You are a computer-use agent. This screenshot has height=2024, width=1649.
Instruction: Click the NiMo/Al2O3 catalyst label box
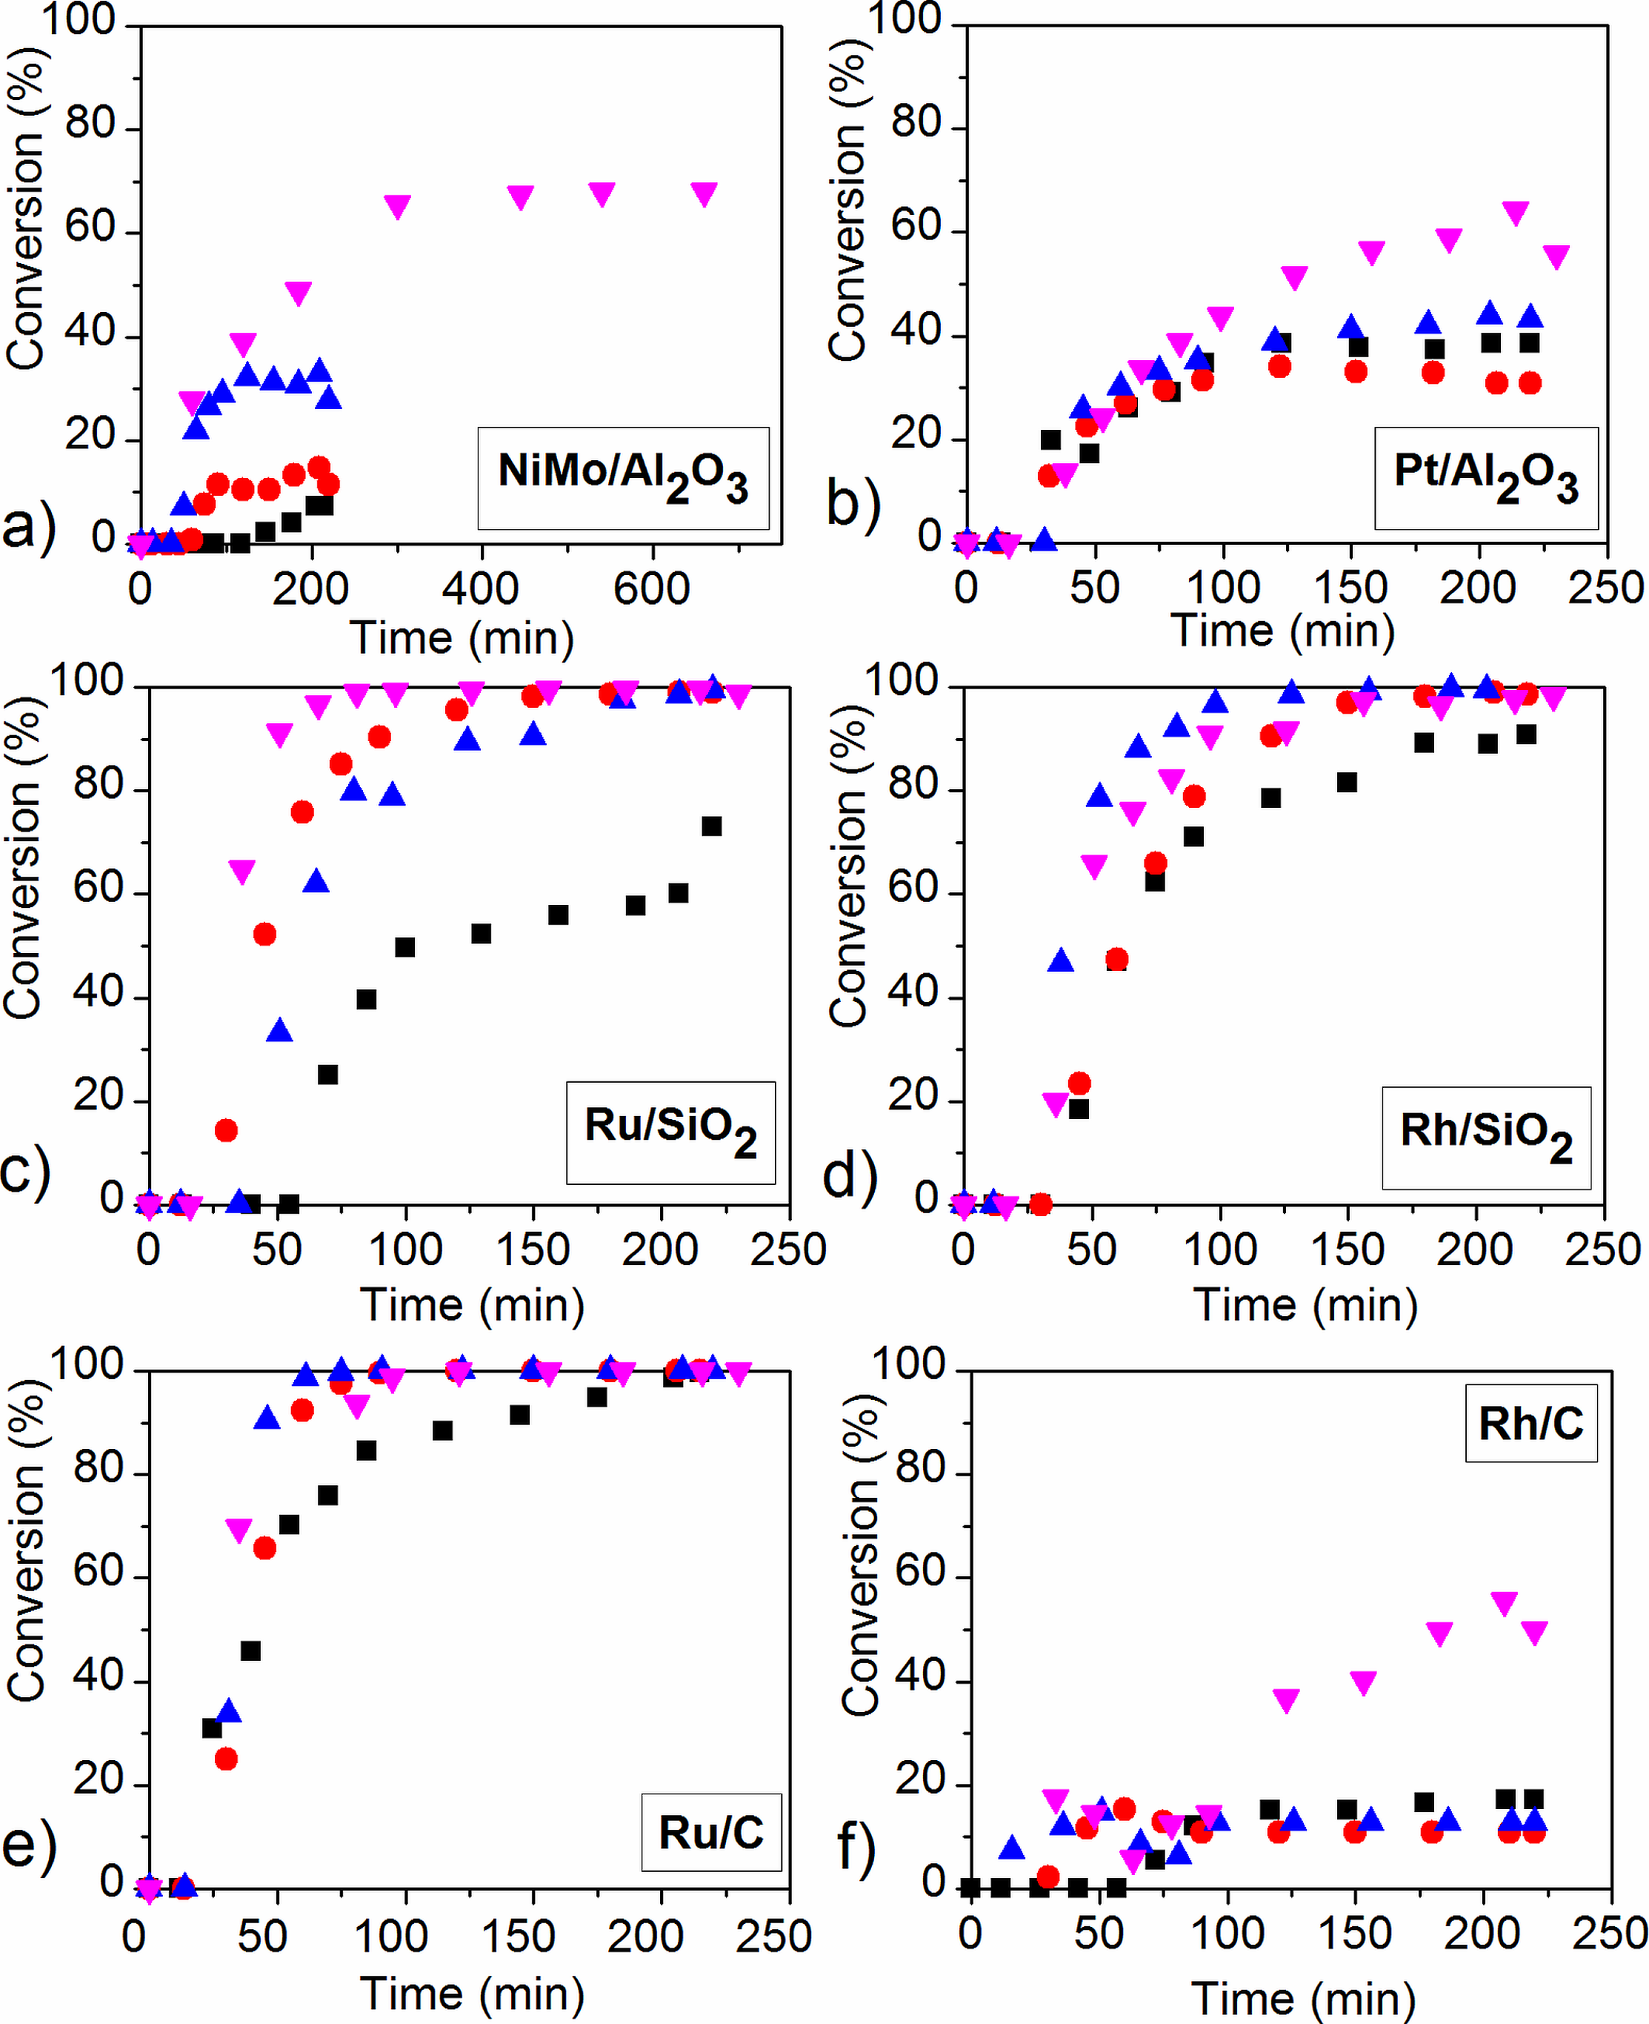tap(622, 477)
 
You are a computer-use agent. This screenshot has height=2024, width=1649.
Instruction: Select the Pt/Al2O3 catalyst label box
tap(1485, 477)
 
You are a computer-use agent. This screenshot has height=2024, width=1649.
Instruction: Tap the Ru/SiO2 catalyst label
tap(670, 1132)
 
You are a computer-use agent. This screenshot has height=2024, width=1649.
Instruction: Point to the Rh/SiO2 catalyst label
tap(1485, 1138)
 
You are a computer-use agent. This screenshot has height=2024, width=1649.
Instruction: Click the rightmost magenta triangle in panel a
tap(703, 194)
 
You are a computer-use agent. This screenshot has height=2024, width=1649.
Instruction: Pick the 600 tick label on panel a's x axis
tap(652, 589)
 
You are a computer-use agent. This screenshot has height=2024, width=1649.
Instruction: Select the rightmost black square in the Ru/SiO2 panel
tap(711, 826)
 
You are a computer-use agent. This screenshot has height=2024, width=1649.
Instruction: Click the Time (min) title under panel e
tap(472, 1993)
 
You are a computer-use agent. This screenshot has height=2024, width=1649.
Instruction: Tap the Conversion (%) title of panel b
tap(846, 205)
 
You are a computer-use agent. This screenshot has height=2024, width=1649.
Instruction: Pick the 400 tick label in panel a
tap(481, 589)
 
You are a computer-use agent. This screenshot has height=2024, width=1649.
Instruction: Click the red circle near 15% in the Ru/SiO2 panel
tap(225, 1129)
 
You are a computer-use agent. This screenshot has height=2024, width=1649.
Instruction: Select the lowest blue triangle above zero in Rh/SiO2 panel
tap(1060, 960)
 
